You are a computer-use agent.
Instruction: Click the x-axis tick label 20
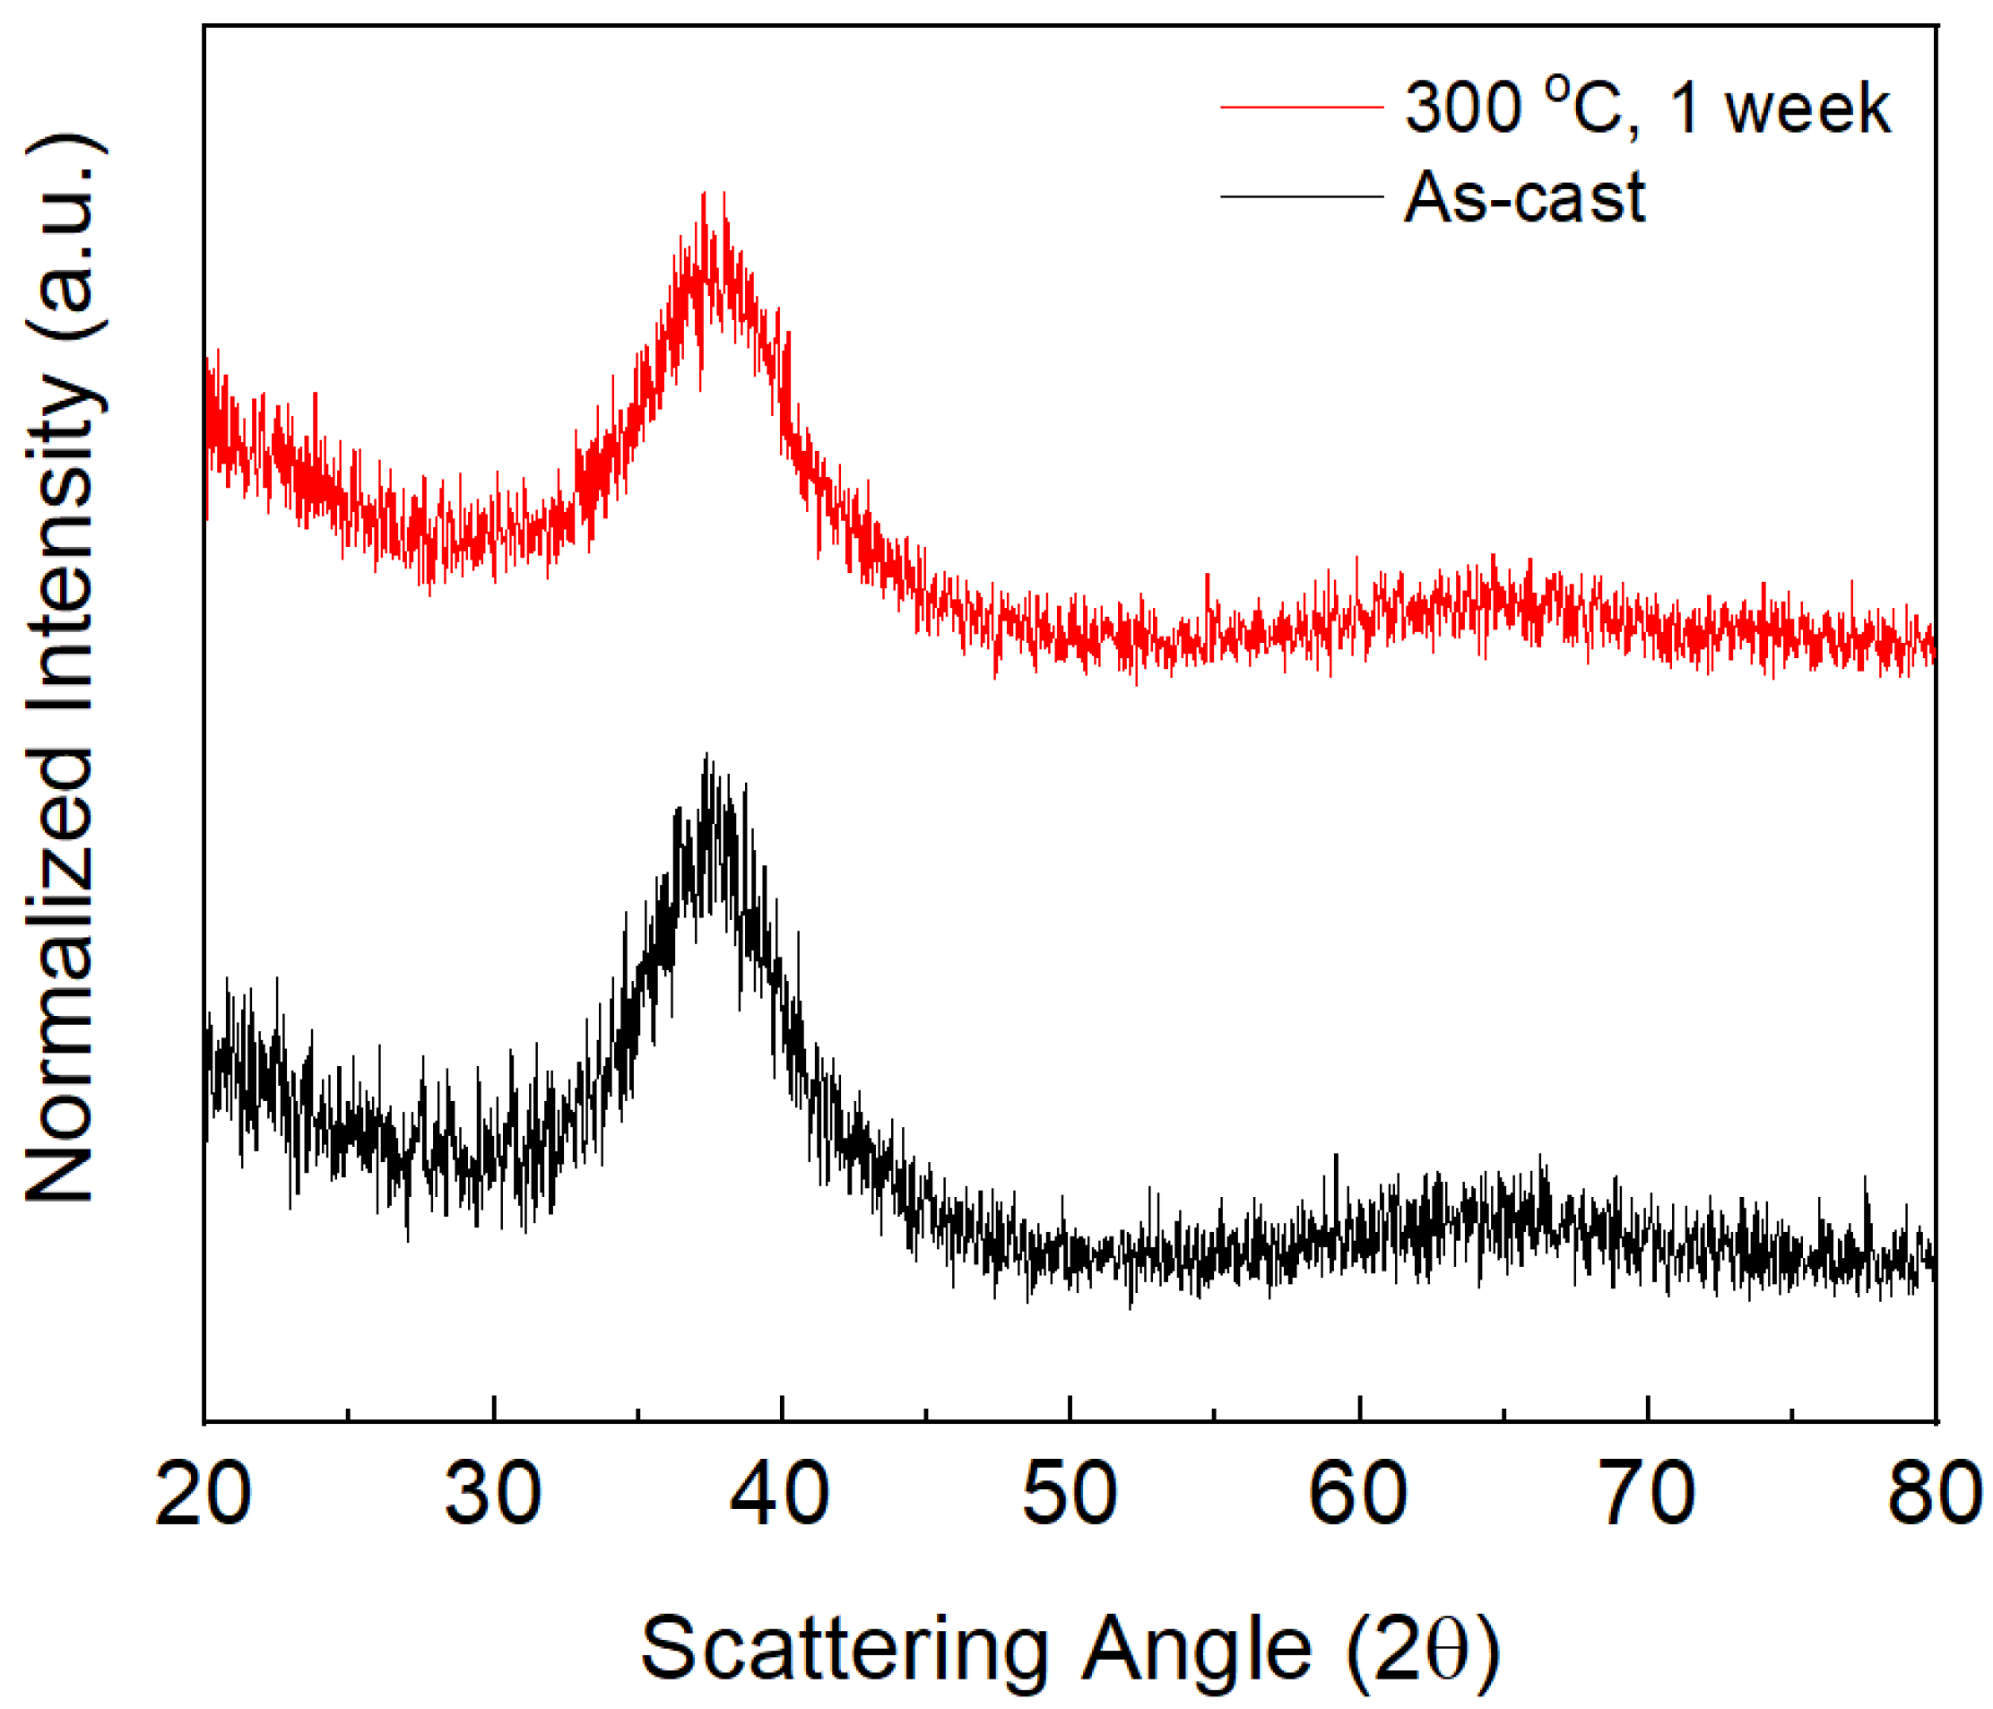(203, 1494)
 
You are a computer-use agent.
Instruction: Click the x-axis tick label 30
(492, 1494)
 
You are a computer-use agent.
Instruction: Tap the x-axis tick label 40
(780, 1494)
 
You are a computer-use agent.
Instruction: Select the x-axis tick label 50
(1069, 1494)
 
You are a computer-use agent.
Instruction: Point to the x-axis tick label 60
(1357, 1494)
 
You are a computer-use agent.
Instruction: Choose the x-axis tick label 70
(1647, 1494)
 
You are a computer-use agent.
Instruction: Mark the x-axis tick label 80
(1933, 1494)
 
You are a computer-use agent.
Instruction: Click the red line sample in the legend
(1301, 107)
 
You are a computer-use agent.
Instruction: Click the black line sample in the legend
(1301, 196)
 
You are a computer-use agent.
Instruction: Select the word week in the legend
(1807, 108)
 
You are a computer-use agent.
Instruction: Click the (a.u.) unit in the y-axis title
(64, 237)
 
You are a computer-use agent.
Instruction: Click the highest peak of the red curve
(705, 195)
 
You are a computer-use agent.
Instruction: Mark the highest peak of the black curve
(707, 755)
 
